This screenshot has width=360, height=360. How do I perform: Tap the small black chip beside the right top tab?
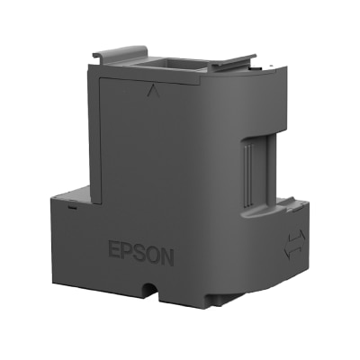(x=252, y=67)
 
